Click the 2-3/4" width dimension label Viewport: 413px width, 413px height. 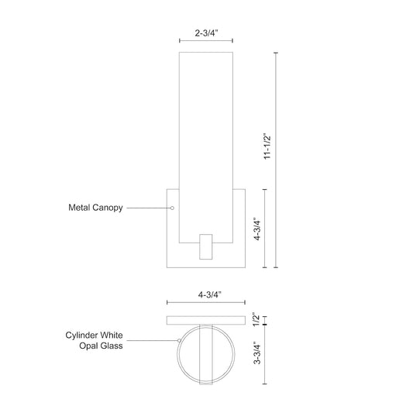pyautogui.click(x=205, y=34)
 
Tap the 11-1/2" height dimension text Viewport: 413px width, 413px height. pyautogui.click(x=266, y=144)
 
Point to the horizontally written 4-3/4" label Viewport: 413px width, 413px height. pyautogui.click(x=205, y=294)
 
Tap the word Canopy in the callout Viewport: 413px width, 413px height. pyautogui.click(x=108, y=208)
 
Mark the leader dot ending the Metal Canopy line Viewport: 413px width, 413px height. pyautogui.click(x=172, y=208)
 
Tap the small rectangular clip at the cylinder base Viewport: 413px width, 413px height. pyautogui.click(x=206, y=247)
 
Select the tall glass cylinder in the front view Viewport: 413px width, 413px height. pyautogui.click(x=206, y=139)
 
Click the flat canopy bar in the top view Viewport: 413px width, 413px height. pyautogui.click(x=206, y=319)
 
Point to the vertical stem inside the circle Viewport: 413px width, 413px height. pyautogui.click(x=206, y=353)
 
